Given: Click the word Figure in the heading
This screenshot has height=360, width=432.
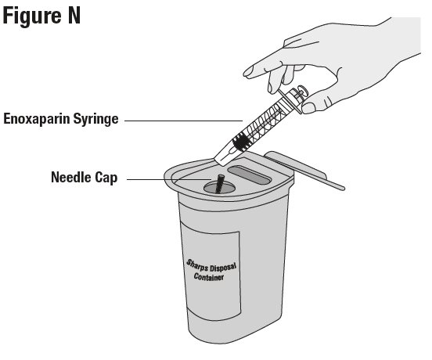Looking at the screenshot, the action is pyautogui.click(x=32, y=16).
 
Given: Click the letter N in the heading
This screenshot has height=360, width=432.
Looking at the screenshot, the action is pyautogui.click(x=74, y=16).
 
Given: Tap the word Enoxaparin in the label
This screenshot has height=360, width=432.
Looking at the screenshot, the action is pyautogui.click(x=36, y=119).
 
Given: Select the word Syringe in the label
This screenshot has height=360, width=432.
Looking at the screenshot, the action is pyautogui.click(x=95, y=119).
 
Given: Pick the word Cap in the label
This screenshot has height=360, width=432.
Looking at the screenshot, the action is pyautogui.click(x=106, y=178).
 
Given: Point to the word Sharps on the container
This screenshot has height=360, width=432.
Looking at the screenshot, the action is pyautogui.click(x=196, y=265).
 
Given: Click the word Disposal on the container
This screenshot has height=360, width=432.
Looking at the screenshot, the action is pyautogui.click(x=223, y=268).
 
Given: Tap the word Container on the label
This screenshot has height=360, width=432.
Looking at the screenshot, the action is pyautogui.click(x=208, y=276).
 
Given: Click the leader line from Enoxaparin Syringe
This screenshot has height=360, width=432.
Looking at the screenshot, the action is pyautogui.click(x=183, y=121).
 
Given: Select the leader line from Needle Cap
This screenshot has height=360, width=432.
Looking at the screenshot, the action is pyautogui.click(x=169, y=179).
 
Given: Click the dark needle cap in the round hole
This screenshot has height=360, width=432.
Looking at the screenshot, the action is pyautogui.click(x=220, y=183).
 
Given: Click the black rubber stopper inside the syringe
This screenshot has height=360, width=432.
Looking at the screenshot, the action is pyautogui.click(x=242, y=142).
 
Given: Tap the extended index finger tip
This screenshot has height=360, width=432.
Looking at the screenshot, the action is pyautogui.click(x=248, y=73).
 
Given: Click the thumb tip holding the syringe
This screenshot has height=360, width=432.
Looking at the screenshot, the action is pyautogui.click(x=308, y=108).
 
